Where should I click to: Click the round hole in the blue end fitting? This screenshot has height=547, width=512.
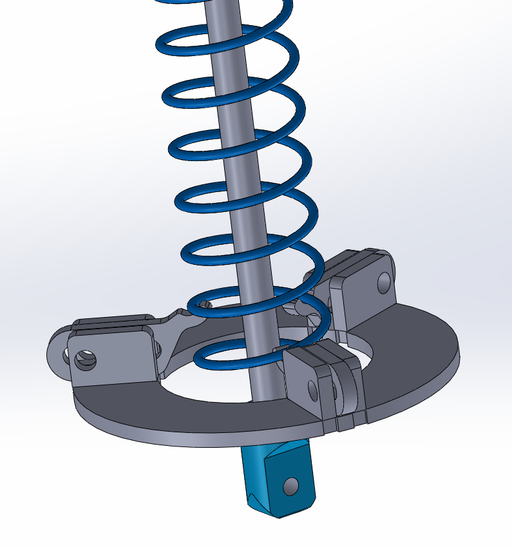coord(292,485)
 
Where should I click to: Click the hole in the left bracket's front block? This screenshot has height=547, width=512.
coord(84,359)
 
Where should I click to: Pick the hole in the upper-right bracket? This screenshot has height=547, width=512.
coord(384,281)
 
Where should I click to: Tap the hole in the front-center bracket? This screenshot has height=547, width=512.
coord(313,390)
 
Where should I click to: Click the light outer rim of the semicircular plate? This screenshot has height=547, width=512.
coord(193,438)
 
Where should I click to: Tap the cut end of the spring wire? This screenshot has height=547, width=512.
coord(207,303)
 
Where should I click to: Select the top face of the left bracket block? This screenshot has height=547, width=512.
coord(109,322)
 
